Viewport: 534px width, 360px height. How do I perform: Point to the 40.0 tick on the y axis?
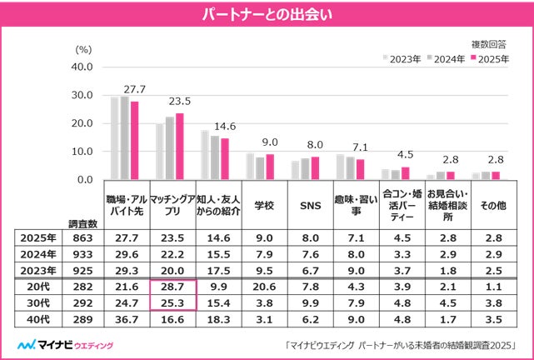(82, 67)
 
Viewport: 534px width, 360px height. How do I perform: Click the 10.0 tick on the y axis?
(82, 152)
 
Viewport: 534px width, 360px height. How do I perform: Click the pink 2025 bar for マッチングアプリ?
(179, 146)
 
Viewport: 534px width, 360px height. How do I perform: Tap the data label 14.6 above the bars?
(225, 126)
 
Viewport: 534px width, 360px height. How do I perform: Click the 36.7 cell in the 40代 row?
(128, 318)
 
